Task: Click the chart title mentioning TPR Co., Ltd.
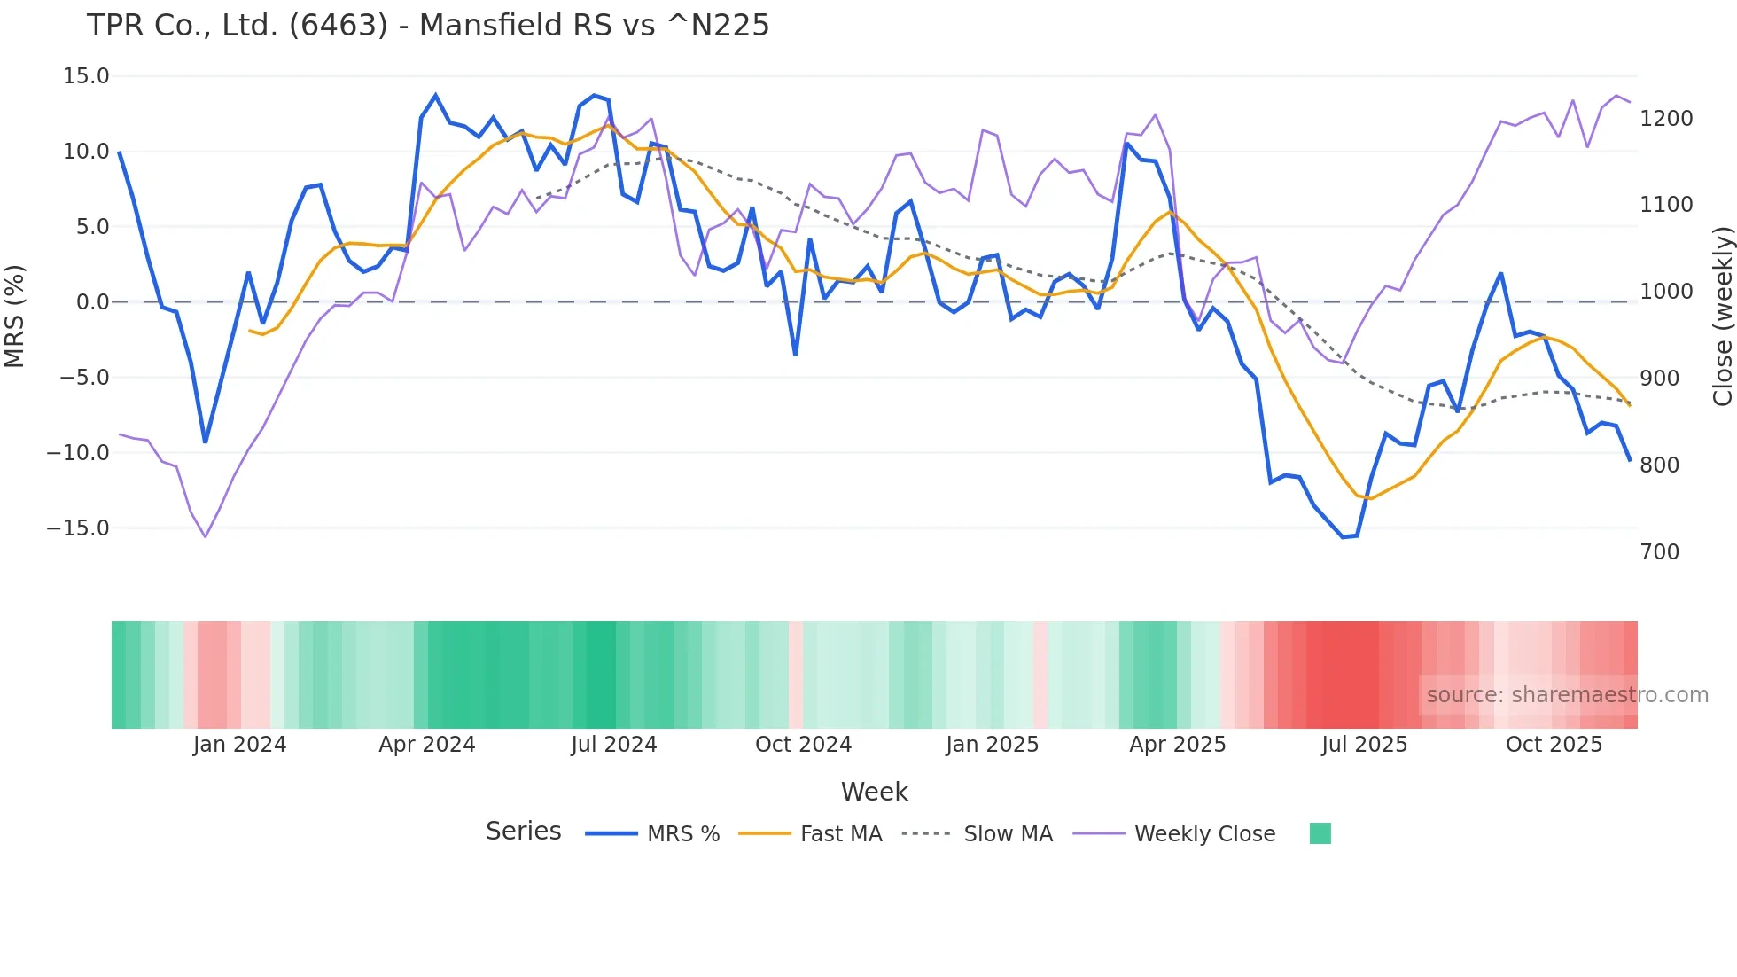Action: (428, 26)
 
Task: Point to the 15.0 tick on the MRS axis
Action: (86, 76)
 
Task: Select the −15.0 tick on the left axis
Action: (78, 528)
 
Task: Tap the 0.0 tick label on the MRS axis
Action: (92, 302)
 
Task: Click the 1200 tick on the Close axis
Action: (1666, 119)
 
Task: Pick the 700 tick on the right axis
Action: (1660, 552)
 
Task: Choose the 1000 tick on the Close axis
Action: (1666, 292)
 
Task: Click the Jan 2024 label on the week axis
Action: (239, 745)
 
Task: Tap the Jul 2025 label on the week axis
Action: (1364, 745)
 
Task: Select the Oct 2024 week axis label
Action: (803, 745)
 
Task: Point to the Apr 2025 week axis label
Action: (1177, 745)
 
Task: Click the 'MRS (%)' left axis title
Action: (14, 316)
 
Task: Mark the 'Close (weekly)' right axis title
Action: (1723, 317)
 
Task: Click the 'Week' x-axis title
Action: (874, 792)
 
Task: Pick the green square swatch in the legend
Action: (1320, 833)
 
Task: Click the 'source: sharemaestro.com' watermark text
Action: (1567, 695)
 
